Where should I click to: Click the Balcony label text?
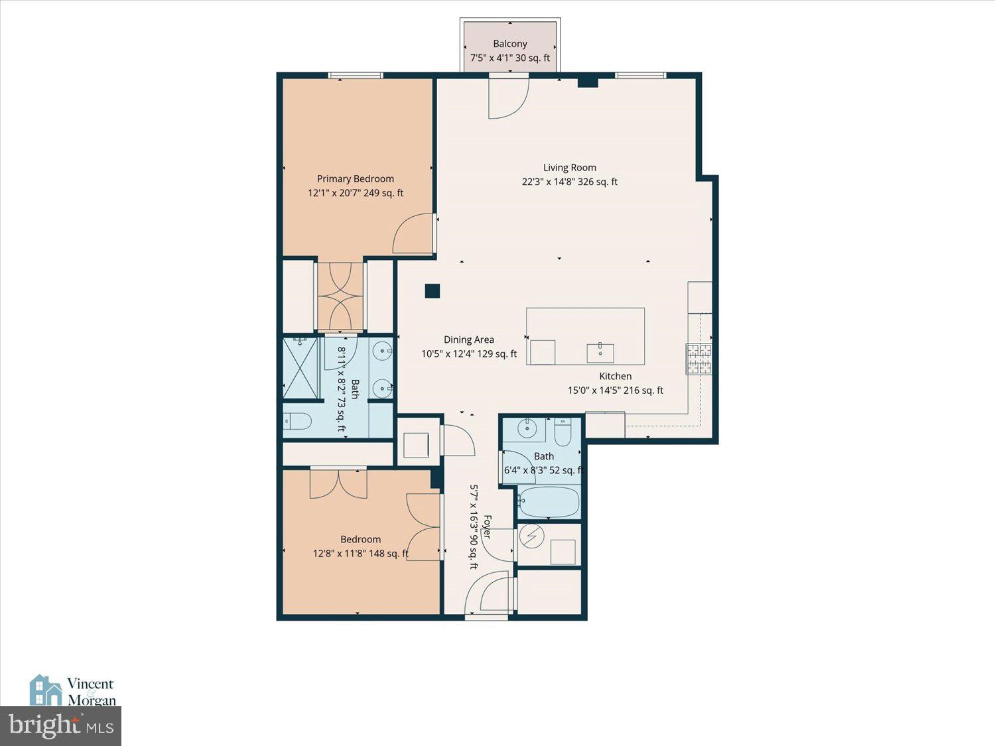(x=509, y=44)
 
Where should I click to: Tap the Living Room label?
(x=569, y=168)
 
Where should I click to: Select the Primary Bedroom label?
(x=355, y=178)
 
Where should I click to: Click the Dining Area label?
(x=468, y=340)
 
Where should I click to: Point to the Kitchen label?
(x=615, y=376)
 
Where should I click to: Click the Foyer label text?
(x=487, y=527)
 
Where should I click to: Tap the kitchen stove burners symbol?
(x=698, y=359)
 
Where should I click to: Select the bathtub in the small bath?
(x=549, y=502)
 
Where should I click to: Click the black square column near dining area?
(x=432, y=290)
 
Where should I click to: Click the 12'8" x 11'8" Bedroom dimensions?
(x=360, y=553)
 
